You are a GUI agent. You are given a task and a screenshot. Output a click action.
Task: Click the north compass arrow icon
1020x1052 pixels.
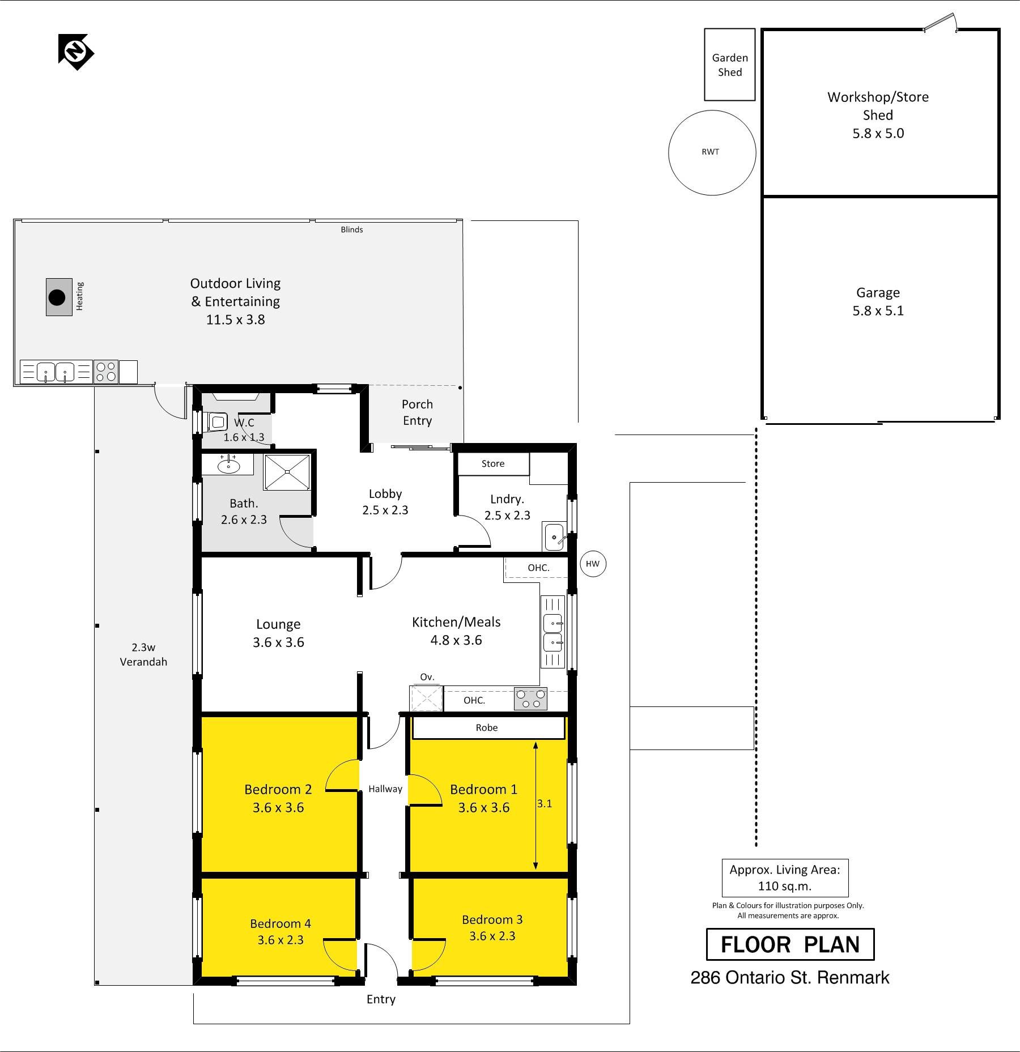tap(76, 52)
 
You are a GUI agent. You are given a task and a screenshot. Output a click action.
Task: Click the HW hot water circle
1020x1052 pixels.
tap(593, 564)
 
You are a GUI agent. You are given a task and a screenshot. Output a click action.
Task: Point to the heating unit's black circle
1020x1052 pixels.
tap(57, 297)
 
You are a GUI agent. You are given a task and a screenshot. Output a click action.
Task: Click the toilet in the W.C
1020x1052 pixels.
tap(218, 422)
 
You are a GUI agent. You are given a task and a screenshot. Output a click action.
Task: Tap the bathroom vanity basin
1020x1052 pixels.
tap(228, 466)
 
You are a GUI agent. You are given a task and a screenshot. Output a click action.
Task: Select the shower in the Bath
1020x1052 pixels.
tap(287, 471)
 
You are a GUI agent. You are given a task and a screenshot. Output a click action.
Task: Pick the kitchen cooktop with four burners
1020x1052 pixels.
tap(531, 699)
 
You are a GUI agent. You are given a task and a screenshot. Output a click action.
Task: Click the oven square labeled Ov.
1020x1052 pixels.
tap(426, 698)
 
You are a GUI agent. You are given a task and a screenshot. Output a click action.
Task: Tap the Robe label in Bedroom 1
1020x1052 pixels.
tap(487, 727)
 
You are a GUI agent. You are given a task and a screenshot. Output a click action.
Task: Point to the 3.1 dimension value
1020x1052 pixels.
tap(545, 803)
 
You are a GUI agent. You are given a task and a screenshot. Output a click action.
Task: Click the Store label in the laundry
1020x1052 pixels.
tap(493, 463)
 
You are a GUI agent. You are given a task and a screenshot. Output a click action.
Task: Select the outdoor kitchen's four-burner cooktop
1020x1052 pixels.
tap(106, 372)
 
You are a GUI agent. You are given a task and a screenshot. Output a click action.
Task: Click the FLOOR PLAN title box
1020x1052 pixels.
tap(790, 944)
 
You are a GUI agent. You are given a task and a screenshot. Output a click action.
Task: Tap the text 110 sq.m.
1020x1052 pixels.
tap(785, 886)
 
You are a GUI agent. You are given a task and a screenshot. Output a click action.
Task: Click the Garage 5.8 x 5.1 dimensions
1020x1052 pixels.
tap(878, 311)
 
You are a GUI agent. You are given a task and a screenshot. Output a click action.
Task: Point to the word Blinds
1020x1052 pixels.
tap(352, 229)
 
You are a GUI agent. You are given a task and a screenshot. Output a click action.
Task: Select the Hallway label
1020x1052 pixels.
tap(385, 789)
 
